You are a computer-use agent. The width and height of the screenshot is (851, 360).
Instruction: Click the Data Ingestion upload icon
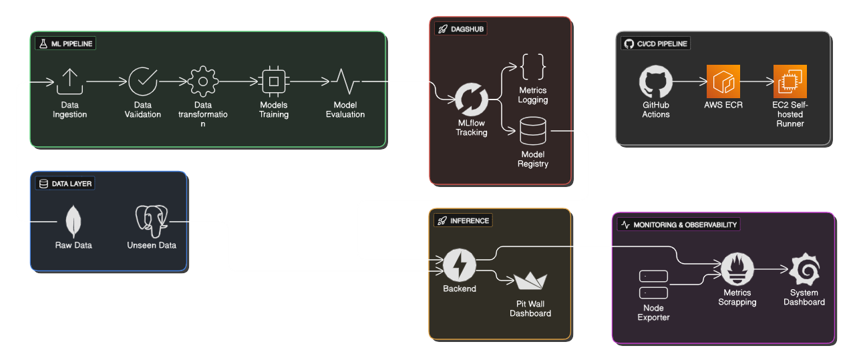pyautogui.click(x=69, y=81)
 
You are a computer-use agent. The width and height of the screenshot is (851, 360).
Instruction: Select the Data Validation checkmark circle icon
pyautogui.click(x=143, y=81)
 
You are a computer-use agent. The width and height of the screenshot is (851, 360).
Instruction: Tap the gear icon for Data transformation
pyautogui.click(x=203, y=81)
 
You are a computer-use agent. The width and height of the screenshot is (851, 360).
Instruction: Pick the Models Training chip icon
pyautogui.click(x=274, y=81)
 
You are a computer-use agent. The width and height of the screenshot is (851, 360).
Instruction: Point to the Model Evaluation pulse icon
pyautogui.click(x=345, y=81)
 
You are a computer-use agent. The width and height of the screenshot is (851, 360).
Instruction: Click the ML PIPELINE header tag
pyautogui.click(x=65, y=43)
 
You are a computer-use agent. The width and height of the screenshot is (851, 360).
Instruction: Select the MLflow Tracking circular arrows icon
pyautogui.click(x=472, y=100)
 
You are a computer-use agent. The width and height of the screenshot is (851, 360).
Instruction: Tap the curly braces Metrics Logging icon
pyautogui.click(x=532, y=67)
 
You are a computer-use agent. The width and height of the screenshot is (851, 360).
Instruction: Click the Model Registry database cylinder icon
pyautogui.click(x=532, y=131)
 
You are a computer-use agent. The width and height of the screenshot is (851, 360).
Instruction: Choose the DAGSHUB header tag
pyautogui.click(x=460, y=29)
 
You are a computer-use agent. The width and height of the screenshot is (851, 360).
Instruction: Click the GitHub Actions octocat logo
pyautogui.click(x=656, y=81)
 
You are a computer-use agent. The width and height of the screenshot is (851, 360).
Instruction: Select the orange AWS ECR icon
pyautogui.click(x=723, y=81)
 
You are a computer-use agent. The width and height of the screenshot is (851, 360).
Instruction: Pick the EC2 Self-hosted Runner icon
pyautogui.click(x=790, y=81)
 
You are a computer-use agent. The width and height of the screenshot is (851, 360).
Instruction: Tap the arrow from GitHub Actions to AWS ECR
pyautogui.click(x=689, y=81)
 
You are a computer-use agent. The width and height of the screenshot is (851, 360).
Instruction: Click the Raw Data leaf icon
pyautogui.click(x=73, y=221)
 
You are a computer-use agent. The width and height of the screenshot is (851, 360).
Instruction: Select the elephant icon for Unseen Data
pyautogui.click(x=152, y=221)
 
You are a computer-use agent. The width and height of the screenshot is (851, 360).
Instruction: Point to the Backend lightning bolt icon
pyautogui.click(x=460, y=264)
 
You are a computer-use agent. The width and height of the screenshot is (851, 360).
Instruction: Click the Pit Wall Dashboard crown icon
pyautogui.click(x=530, y=281)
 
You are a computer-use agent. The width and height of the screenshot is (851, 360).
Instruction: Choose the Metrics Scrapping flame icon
pyautogui.click(x=737, y=269)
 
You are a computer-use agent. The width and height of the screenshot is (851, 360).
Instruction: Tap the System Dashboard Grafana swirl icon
pyautogui.click(x=804, y=269)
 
